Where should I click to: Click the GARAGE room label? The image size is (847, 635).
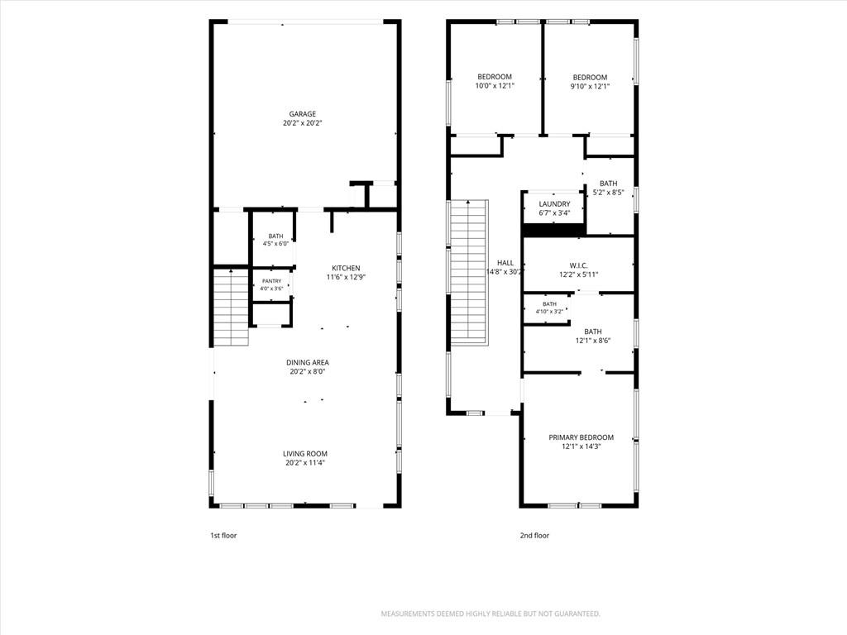(x=303, y=114)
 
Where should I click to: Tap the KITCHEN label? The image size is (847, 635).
(x=346, y=269)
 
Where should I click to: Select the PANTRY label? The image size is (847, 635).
(x=271, y=281)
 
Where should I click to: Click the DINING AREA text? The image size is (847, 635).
(x=308, y=362)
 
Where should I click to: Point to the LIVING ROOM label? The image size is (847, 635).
(x=305, y=454)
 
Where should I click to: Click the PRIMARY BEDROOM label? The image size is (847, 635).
(x=581, y=437)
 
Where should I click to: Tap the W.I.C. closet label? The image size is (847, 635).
(x=578, y=265)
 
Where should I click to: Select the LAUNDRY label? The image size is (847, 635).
(x=554, y=204)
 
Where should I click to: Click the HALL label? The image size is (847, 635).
(x=505, y=263)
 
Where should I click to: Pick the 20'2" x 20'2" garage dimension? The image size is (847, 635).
(x=303, y=123)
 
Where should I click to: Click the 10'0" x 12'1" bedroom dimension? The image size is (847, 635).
(x=495, y=86)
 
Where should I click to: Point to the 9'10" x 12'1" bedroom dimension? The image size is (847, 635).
(x=590, y=86)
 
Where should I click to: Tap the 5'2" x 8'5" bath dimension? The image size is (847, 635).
(x=608, y=192)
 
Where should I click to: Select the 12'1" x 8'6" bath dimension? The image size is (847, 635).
(x=592, y=341)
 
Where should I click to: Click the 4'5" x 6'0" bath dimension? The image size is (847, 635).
(x=275, y=244)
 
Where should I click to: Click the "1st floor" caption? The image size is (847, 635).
(x=223, y=536)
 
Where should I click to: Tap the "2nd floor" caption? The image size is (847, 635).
(x=534, y=536)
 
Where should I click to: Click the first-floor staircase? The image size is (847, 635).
(x=232, y=308)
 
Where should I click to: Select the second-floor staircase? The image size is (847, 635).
(x=470, y=273)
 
